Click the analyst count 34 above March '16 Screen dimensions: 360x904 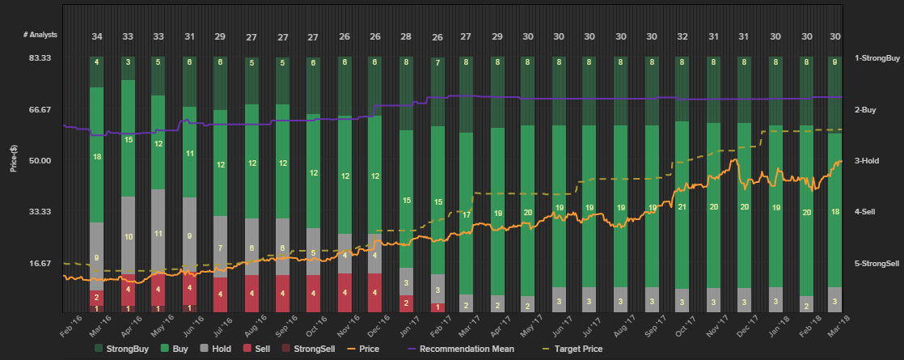click(97, 36)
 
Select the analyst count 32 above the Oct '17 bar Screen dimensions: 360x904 click(682, 36)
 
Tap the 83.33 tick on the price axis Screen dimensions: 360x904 click(40, 58)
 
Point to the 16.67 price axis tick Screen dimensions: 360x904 click(40, 263)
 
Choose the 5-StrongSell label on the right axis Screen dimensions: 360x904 click(878, 264)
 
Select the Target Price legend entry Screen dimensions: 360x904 click(586, 349)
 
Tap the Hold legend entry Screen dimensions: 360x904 click(216, 349)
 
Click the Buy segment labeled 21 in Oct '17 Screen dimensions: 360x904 click(682, 207)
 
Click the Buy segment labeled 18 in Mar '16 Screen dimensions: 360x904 click(97, 156)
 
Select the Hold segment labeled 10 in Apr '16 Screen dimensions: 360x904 click(128, 236)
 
